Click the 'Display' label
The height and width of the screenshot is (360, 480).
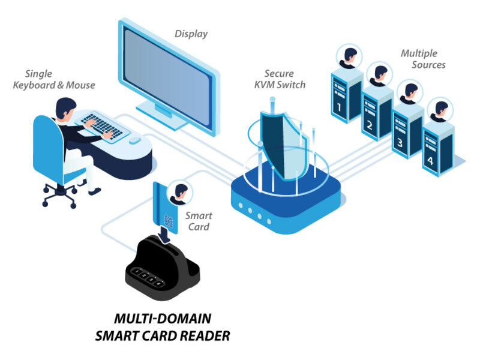coord(191,34)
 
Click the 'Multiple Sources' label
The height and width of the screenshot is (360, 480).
coord(423,59)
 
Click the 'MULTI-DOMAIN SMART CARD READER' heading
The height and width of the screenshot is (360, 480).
coord(163,326)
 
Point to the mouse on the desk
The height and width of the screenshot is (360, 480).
coord(135,140)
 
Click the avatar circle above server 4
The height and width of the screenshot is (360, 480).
coord(442,109)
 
